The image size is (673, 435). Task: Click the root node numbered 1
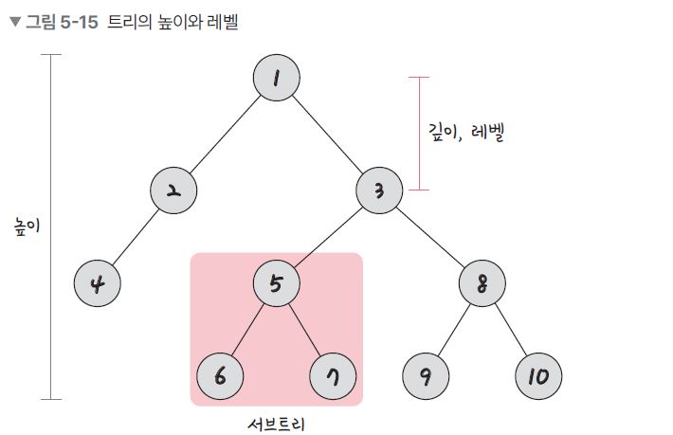277,79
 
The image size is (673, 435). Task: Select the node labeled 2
173,190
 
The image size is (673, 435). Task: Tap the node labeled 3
379,190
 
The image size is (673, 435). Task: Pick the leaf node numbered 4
98,283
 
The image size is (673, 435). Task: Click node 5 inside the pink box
277,283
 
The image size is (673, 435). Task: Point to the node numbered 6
221,376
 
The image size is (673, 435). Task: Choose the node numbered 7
333,376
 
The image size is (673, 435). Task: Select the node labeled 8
482,283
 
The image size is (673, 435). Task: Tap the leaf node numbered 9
426,376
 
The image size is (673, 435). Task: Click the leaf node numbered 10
538,376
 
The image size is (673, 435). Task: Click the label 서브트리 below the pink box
277,423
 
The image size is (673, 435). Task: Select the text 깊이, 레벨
464,132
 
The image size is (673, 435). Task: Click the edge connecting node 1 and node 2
226,135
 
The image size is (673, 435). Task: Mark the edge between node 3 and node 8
431,237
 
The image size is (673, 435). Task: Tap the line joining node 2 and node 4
136,237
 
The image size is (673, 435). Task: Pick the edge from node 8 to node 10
510,330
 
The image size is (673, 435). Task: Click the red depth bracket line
419,133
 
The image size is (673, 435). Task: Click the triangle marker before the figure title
13,22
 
